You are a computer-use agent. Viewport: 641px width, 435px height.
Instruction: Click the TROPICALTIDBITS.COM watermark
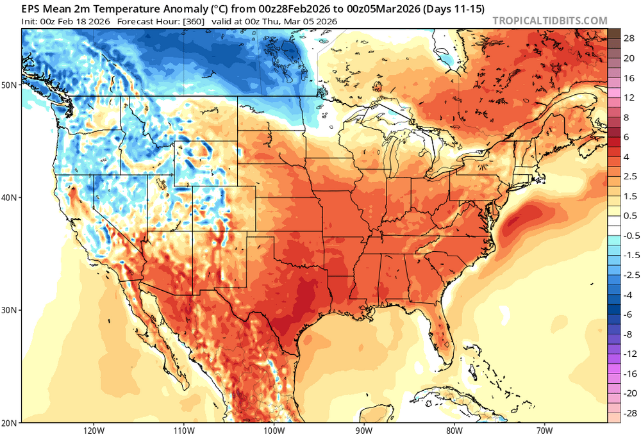549,21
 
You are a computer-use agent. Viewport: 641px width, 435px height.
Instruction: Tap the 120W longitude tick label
94,429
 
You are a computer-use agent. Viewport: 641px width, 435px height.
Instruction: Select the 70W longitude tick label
545,429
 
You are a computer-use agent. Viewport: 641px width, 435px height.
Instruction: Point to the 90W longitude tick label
364,429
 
